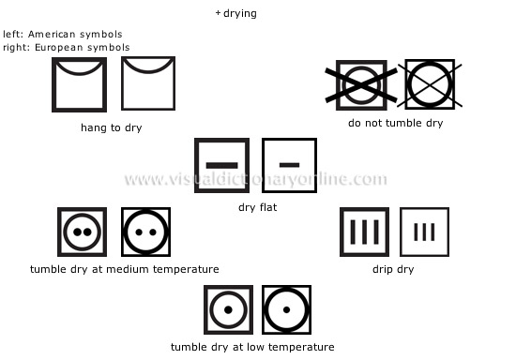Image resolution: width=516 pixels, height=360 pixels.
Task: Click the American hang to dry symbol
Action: click(x=79, y=85)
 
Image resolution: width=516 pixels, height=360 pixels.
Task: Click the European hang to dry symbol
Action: click(x=148, y=85)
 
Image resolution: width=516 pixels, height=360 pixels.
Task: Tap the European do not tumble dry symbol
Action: click(x=430, y=85)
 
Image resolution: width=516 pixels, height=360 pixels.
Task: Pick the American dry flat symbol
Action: click(x=221, y=165)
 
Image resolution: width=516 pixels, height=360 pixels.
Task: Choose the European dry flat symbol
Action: click(x=289, y=165)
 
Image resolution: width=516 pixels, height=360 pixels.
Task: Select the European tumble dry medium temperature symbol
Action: click(x=145, y=232)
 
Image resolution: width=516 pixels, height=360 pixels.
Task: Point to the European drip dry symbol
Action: click(x=424, y=232)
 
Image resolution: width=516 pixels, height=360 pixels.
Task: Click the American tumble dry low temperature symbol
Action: click(x=228, y=310)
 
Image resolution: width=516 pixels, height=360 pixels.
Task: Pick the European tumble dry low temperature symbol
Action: click(x=286, y=310)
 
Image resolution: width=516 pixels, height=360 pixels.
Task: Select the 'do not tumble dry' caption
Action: click(x=395, y=123)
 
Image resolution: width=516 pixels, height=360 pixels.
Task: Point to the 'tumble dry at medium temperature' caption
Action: click(x=125, y=270)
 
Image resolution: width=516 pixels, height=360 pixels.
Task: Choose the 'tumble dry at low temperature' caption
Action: click(x=252, y=348)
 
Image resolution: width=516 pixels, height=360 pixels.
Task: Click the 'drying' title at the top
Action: click(x=240, y=14)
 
